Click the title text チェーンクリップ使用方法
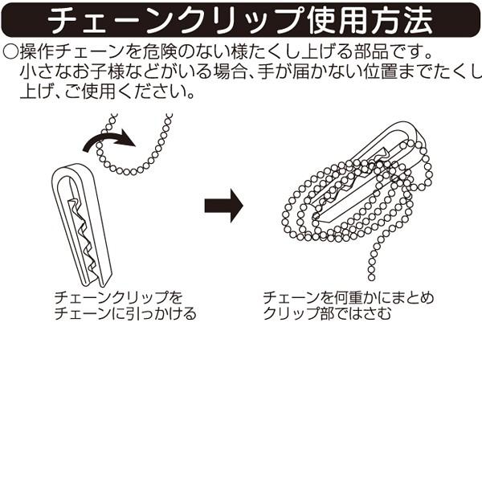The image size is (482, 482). point(240,20)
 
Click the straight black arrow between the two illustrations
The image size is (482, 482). point(224,206)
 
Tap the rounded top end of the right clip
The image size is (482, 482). point(415,131)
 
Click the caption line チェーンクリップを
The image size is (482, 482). point(119,297)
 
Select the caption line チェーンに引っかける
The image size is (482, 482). point(125,313)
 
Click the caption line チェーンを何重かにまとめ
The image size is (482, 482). point(349,297)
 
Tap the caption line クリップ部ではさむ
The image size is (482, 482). point(327,313)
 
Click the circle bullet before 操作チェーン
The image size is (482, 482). point(10,51)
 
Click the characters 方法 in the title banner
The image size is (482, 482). point(402,20)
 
